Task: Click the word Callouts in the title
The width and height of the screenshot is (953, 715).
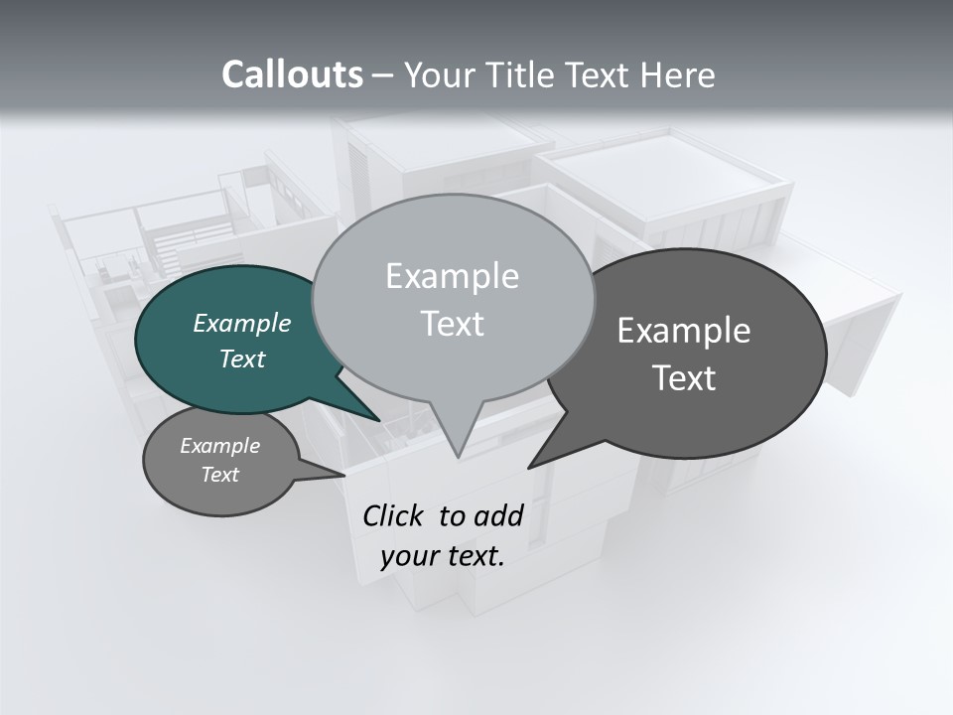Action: coord(292,74)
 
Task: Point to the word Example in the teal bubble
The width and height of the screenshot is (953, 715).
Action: coord(241,323)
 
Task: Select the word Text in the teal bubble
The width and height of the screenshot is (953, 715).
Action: coord(241,358)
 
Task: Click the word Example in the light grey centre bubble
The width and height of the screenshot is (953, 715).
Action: coord(452,276)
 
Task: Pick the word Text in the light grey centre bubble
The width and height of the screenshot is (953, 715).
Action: coord(452,324)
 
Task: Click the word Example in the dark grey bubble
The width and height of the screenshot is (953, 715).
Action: coord(683,331)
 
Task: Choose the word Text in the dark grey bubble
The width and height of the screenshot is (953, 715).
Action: coord(683,378)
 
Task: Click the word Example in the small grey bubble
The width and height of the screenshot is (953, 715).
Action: coord(219,446)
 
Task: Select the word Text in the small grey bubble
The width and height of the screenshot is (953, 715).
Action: coord(219,475)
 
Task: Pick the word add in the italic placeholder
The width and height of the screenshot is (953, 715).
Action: coord(498,515)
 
